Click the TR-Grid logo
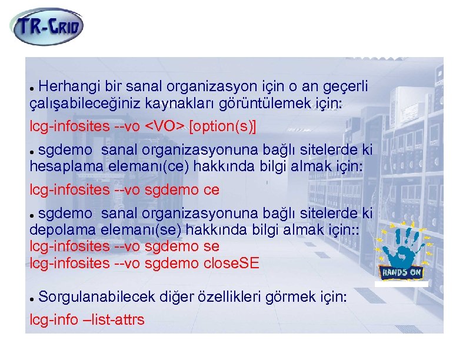tap(47, 26)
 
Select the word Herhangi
tap(65, 87)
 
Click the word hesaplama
tap(66, 167)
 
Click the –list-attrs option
tap(115, 320)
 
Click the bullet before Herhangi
tap(33, 88)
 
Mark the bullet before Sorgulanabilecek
tap(33, 298)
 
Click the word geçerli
tap(345, 87)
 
